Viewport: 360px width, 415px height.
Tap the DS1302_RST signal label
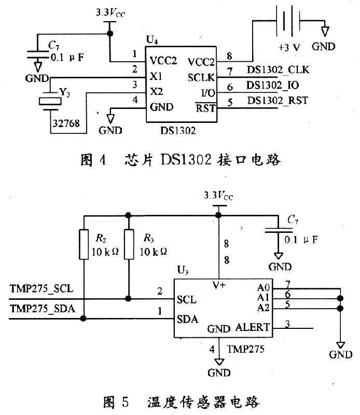pyautogui.click(x=277, y=100)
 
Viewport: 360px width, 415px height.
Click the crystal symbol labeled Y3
pyautogui.click(x=50, y=101)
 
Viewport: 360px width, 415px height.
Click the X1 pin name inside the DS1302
pyautogui.click(x=156, y=76)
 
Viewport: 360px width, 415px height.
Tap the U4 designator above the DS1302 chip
pyautogui.click(x=151, y=39)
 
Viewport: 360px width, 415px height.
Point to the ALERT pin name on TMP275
pyautogui.click(x=253, y=327)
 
